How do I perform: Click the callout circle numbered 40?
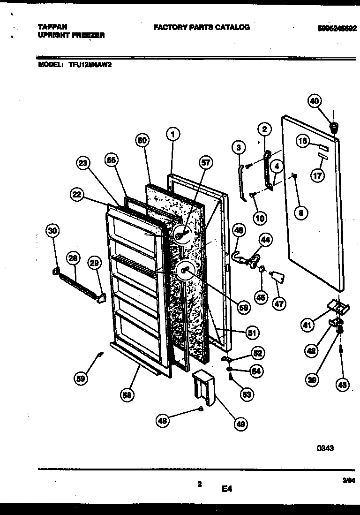pos(315,101)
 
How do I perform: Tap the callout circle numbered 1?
pos(173,135)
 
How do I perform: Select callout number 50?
pos(143,140)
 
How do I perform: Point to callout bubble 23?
pos(83,163)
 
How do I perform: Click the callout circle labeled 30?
pos(53,231)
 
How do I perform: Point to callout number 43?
pos(343,385)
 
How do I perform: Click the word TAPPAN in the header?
pos(51,28)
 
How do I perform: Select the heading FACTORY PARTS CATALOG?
pos(201,28)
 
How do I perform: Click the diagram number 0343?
pos(325,448)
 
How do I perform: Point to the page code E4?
pos(227,489)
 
